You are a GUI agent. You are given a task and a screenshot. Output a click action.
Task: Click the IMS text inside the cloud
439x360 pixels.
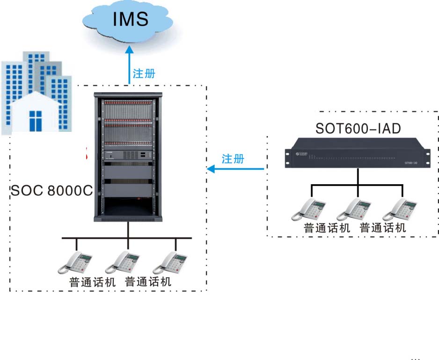[130, 19]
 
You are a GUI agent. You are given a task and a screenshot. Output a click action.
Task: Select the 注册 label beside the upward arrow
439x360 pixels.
[144, 73]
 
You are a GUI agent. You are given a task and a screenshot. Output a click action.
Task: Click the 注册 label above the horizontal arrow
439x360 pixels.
[233, 159]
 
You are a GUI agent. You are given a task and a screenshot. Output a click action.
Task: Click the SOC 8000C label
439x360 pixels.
[51, 191]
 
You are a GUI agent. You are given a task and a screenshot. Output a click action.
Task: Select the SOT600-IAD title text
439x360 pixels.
[358, 129]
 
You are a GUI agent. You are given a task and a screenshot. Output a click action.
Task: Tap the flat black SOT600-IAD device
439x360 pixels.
[358, 153]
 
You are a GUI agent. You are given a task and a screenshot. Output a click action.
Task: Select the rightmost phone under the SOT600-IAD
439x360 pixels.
[400, 209]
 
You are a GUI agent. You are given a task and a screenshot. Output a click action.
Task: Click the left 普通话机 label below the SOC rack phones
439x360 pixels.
[92, 282]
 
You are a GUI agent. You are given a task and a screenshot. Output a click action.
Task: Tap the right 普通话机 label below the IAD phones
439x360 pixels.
[382, 228]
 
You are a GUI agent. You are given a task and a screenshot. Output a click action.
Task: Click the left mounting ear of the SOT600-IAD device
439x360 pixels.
[288, 153]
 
